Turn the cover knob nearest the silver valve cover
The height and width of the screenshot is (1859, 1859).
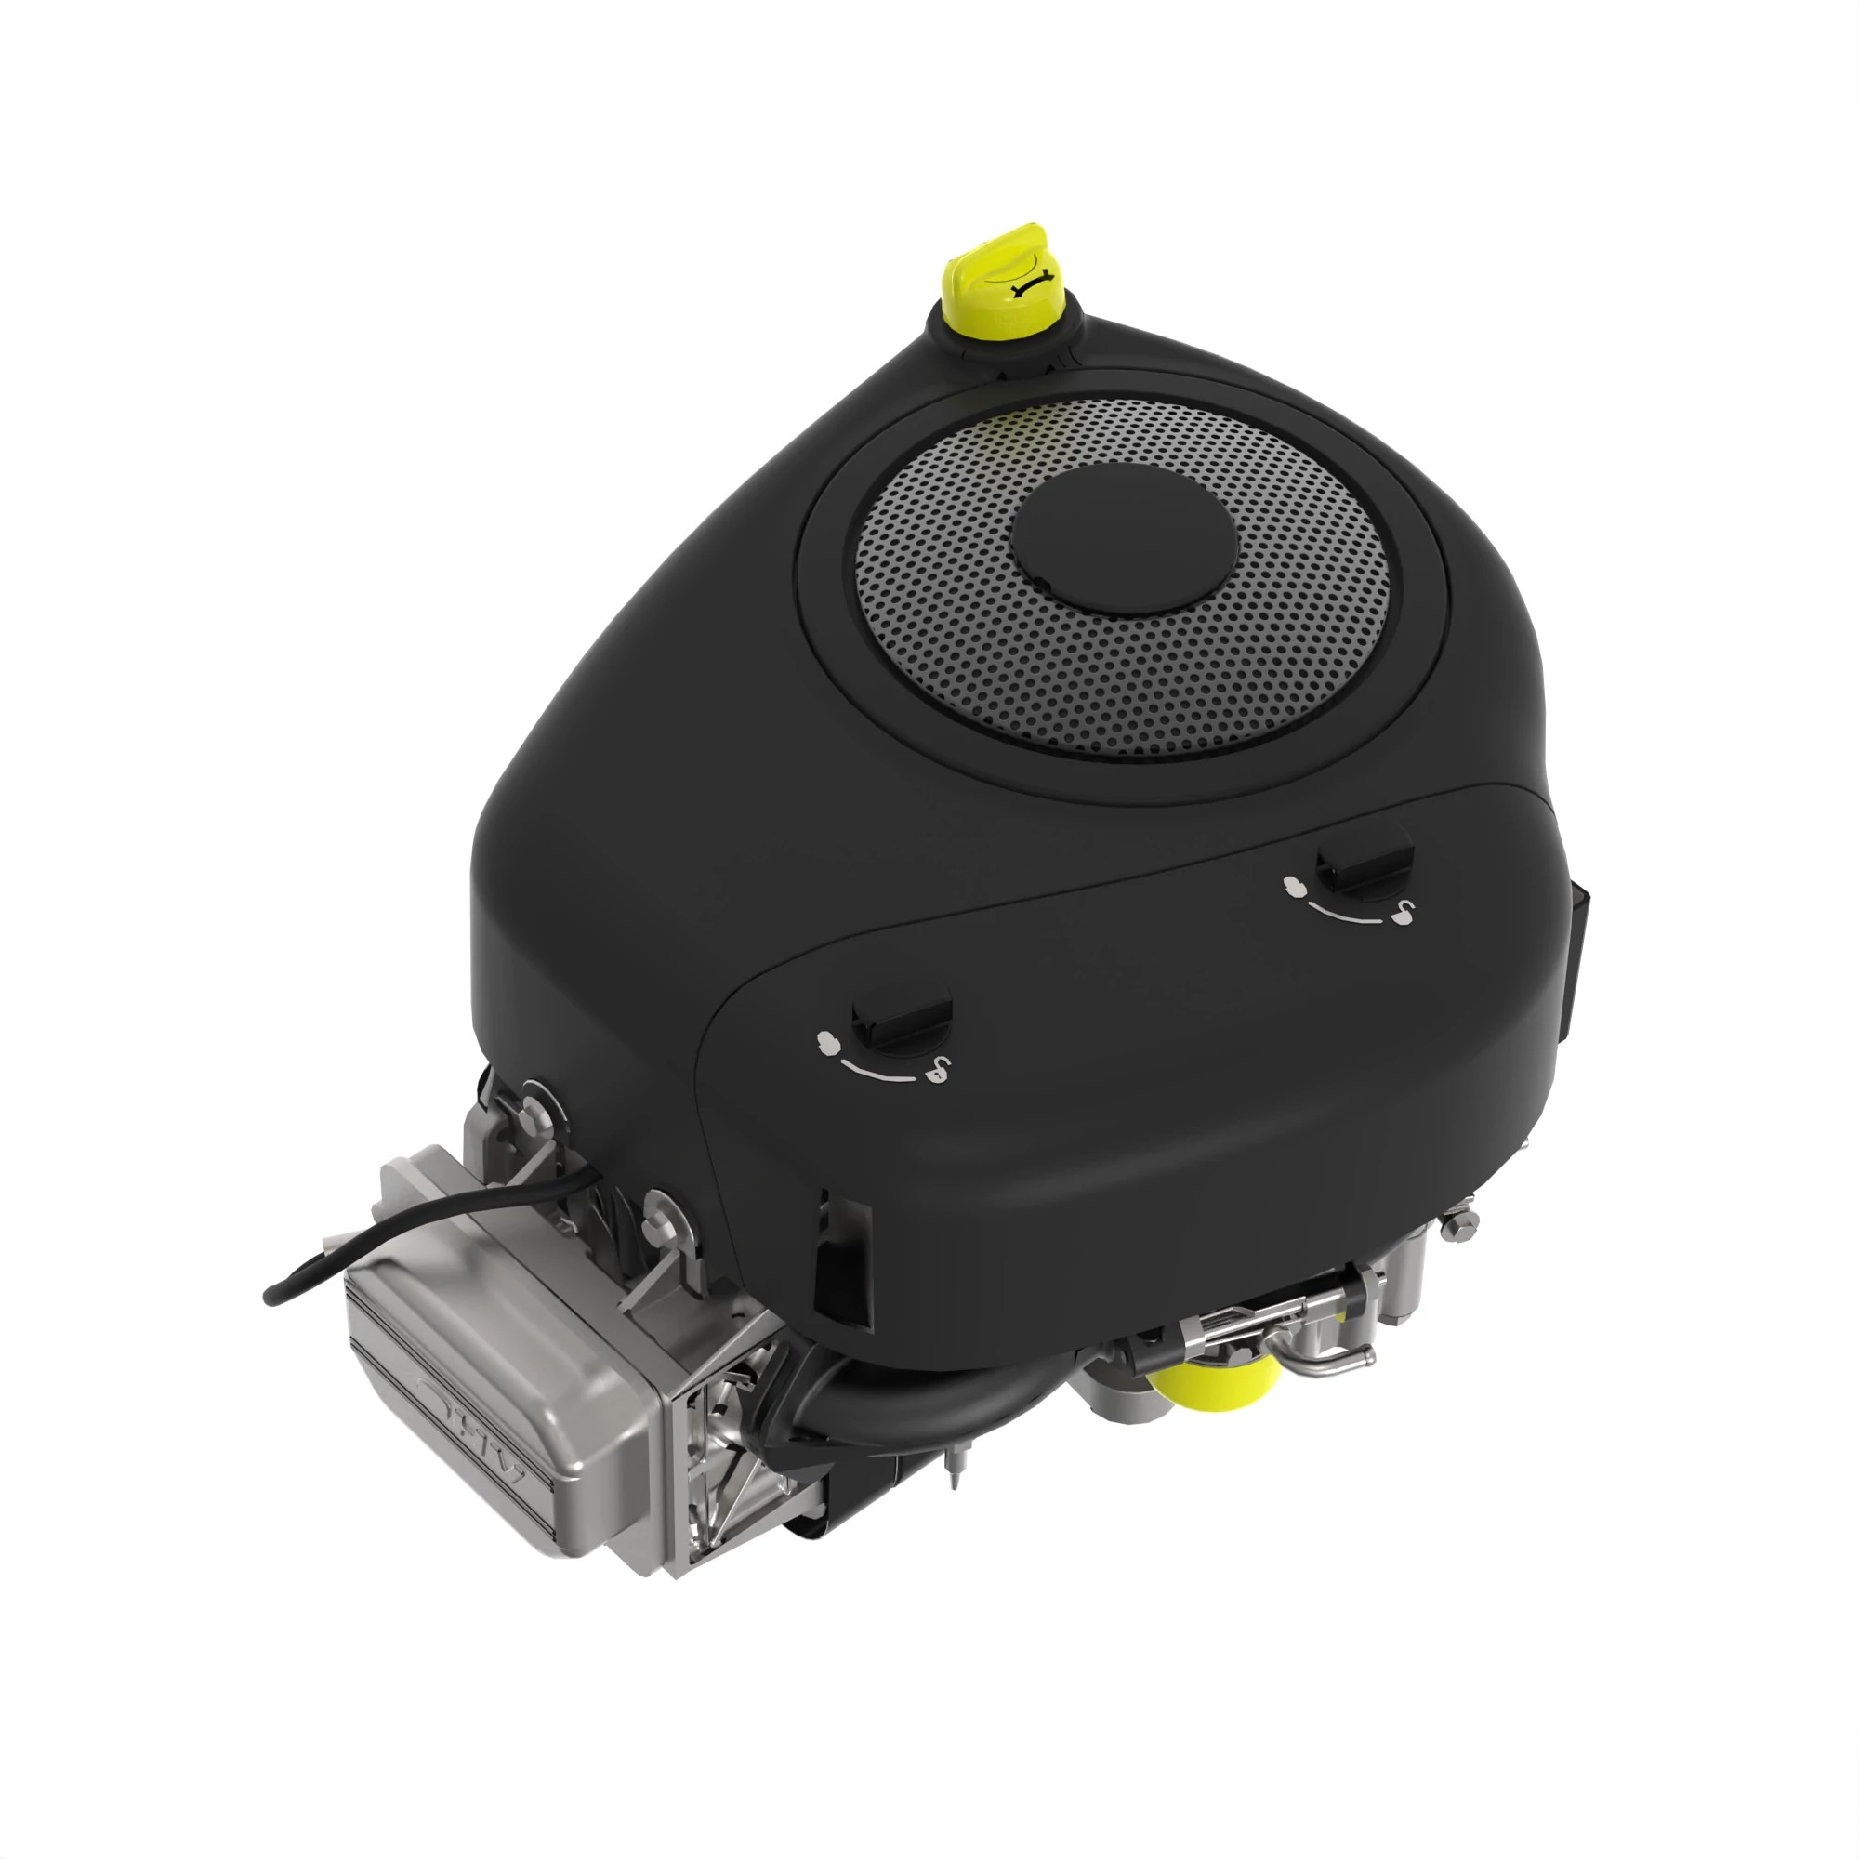click(902, 1023)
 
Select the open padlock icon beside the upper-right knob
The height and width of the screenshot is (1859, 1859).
click(1404, 910)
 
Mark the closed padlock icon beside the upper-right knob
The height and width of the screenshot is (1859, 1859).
click(1295, 884)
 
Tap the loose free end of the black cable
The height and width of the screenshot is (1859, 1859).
click(270, 1297)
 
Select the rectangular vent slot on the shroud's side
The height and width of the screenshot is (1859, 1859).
click(842, 1264)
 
